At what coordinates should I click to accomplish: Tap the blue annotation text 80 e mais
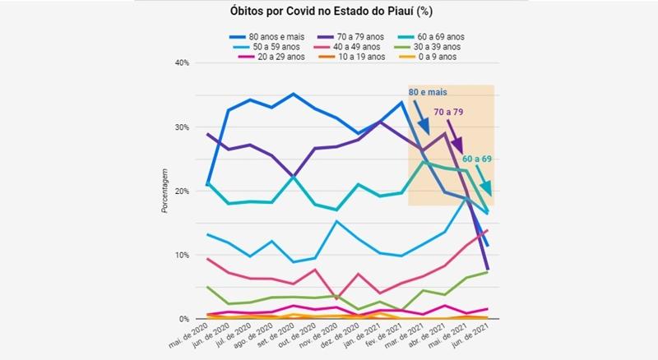(x=428, y=92)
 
